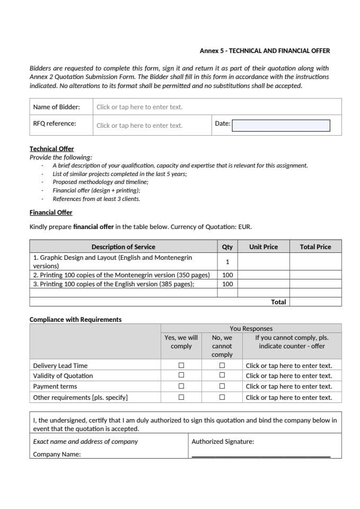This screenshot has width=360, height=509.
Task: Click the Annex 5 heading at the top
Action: [265, 51]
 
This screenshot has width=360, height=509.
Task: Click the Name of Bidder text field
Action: [139, 107]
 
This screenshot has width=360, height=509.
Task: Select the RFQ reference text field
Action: [139, 126]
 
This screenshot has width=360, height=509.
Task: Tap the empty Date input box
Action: [281, 125]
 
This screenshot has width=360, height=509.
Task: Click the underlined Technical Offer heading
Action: [52, 149]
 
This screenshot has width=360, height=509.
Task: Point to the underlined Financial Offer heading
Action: [51, 213]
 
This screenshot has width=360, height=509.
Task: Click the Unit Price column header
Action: [264, 247]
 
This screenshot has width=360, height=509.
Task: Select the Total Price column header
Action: [315, 247]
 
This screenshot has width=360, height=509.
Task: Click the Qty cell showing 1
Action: [227, 262]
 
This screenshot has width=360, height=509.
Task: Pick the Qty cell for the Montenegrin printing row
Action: [227, 275]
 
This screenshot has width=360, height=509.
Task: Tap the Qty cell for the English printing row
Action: [227, 284]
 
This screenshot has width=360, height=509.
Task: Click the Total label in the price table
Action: [278, 302]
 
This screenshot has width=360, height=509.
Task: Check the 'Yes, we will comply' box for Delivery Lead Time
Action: [181, 365]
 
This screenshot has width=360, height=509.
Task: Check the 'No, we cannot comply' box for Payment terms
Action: [222, 387]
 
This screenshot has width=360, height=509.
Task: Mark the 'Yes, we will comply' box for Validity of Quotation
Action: [181, 376]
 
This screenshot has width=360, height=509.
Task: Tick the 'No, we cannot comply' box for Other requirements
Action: [222, 397]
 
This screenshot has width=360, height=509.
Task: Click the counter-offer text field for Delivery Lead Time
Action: [289, 365]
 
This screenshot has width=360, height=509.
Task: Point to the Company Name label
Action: [57, 454]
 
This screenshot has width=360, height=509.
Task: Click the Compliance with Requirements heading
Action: [75, 320]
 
